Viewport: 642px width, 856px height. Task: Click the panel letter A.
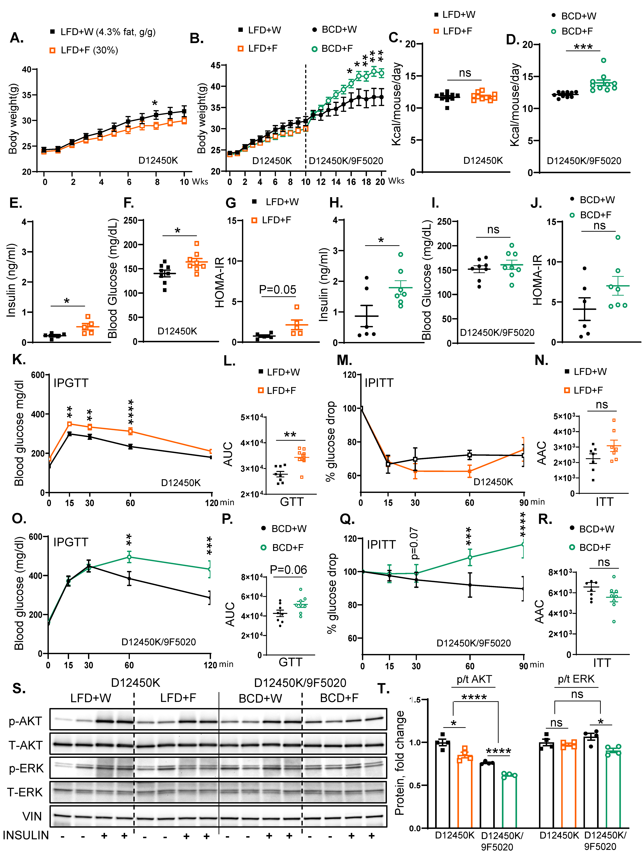tap(17, 38)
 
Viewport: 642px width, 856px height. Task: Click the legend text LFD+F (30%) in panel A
tap(89, 50)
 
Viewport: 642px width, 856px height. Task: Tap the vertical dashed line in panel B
tap(306, 116)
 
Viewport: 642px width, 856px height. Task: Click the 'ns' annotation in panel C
tap(465, 73)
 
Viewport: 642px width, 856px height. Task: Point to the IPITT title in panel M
tap(379, 383)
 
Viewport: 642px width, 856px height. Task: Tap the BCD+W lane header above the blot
tap(260, 698)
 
